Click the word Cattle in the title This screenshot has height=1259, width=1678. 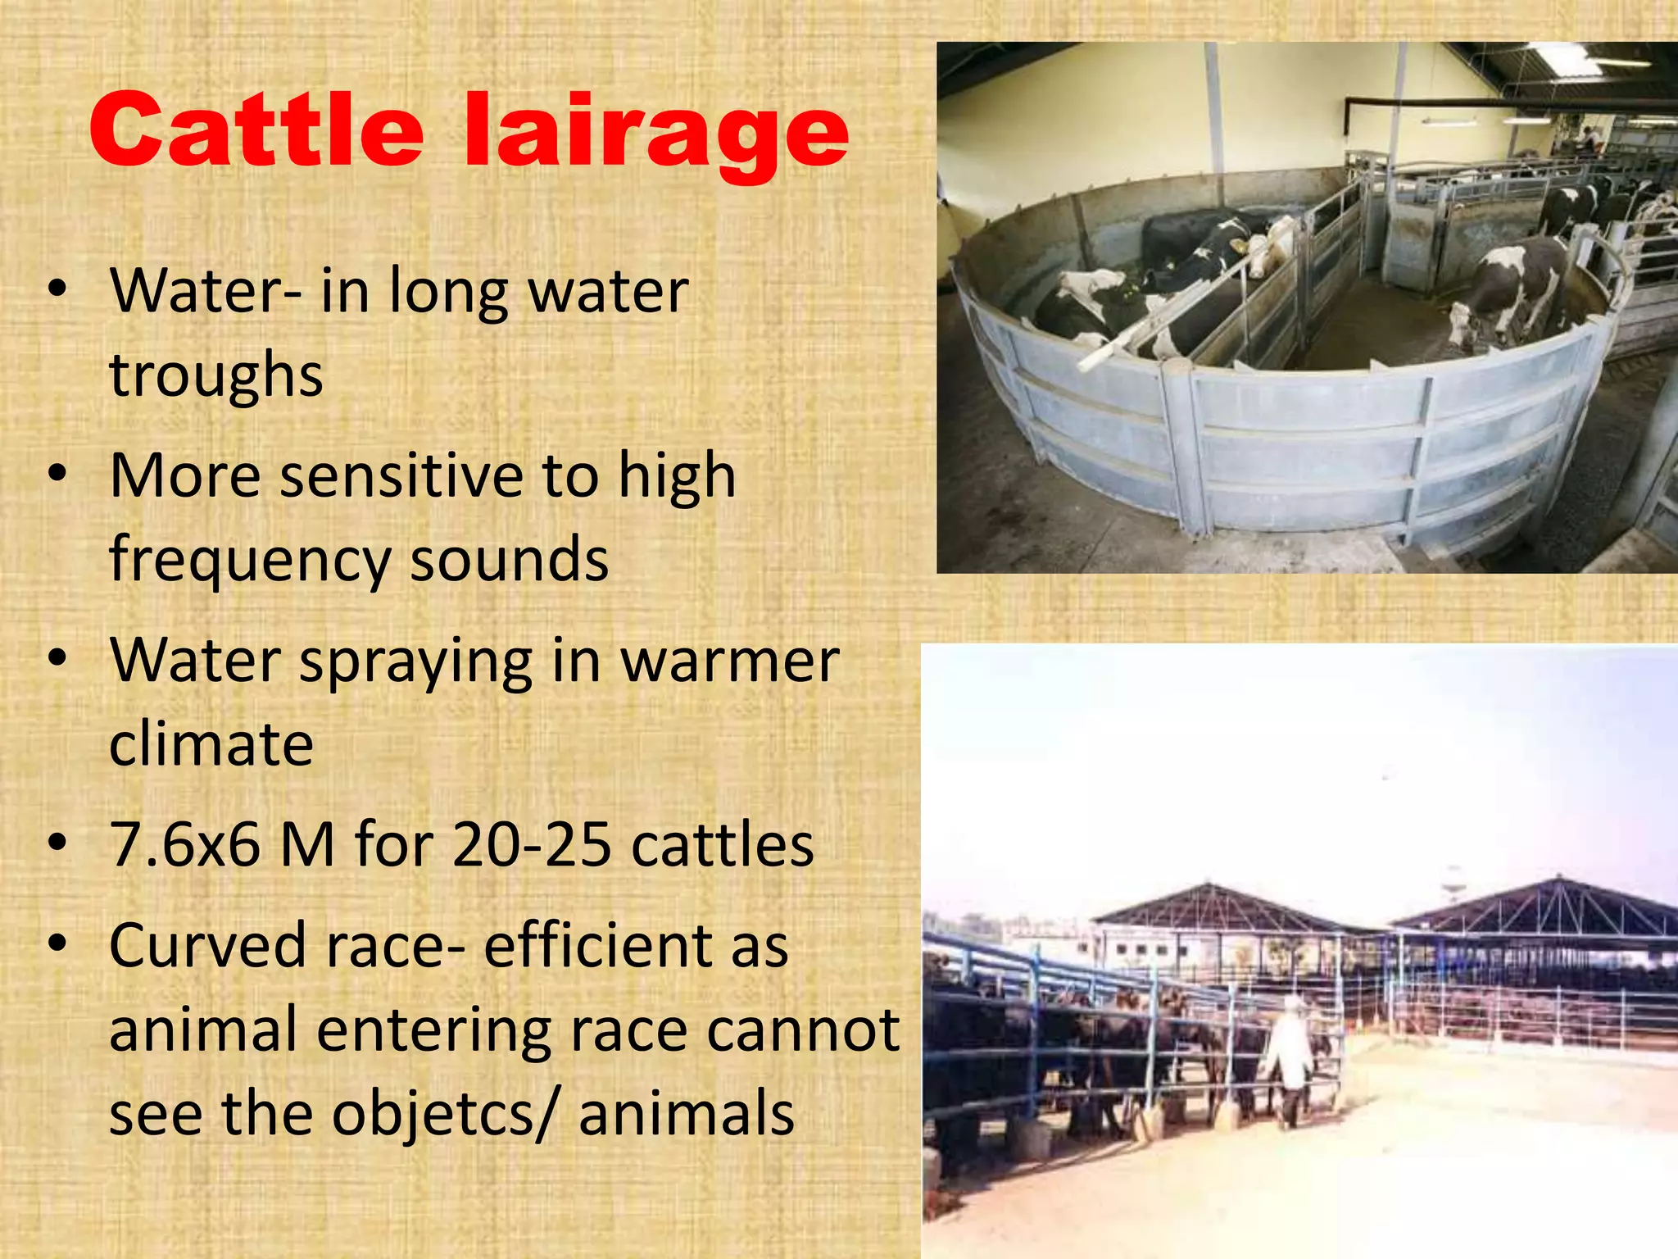pyautogui.click(x=256, y=130)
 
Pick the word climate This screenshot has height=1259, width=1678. pyautogui.click(x=211, y=744)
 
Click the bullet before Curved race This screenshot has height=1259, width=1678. pyautogui.click(x=57, y=944)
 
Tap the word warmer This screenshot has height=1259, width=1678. pyautogui.click(x=730, y=661)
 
